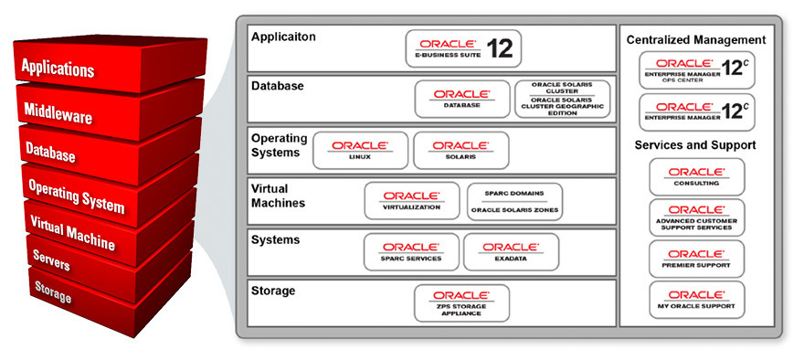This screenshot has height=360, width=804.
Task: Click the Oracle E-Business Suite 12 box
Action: pyautogui.click(x=463, y=48)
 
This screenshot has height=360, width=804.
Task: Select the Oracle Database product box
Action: pyautogui.click(x=461, y=99)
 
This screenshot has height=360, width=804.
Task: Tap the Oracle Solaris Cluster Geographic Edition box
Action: pyautogui.click(x=559, y=99)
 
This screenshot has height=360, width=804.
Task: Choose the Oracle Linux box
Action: pyautogui.click(x=360, y=151)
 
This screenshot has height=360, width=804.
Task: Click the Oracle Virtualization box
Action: pyautogui.click(x=411, y=201)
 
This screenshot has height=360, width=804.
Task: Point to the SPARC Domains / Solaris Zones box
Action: pyautogui.click(x=514, y=201)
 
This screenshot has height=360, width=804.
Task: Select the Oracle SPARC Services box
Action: pyautogui.click(x=411, y=251)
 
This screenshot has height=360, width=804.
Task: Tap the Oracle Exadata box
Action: pyautogui.click(x=511, y=251)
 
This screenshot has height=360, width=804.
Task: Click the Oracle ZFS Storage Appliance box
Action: pyautogui.click(x=461, y=302)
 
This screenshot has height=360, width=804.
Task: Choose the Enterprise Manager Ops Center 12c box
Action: pyautogui.click(x=696, y=70)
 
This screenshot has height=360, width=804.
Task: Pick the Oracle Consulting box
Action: pyautogui.click(x=696, y=175)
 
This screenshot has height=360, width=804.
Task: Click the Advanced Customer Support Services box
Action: pyautogui.click(x=696, y=217)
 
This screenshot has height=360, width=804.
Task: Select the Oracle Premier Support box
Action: pyautogui.click(x=696, y=259)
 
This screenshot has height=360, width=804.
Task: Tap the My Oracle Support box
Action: pyautogui.click(x=696, y=300)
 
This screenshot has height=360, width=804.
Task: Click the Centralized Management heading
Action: pyautogui.click(x=696, y=40)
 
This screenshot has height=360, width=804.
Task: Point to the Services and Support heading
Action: pyautogui.click(x=696, y=145)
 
